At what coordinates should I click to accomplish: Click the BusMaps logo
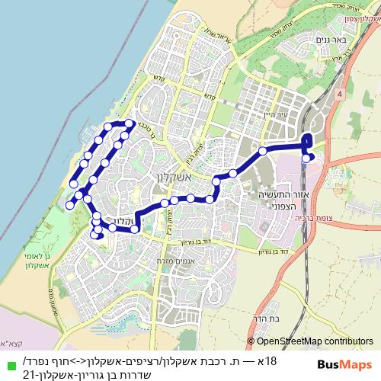pyautogui.click(x=344, y=364)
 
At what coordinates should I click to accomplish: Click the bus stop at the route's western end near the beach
pyautogui.click(x=69, y=205)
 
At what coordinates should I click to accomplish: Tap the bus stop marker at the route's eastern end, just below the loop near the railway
pyautogui.click(x=306, y=158)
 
